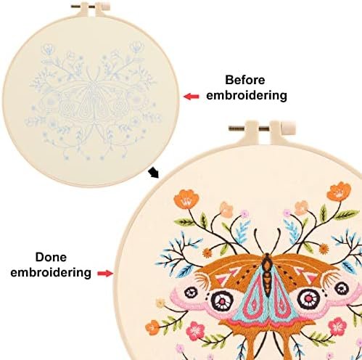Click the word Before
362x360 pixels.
[x=245, y=80]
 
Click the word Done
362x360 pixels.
[x=51, y=257]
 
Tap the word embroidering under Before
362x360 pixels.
[x=247, y=95]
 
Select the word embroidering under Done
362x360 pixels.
[x=51, y=272]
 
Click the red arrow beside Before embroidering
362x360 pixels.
[x=192, y=97]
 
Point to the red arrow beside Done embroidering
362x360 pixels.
[x=105, y=274]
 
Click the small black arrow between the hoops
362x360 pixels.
[x=153, y=173]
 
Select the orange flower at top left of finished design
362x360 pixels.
[x=186, y=200]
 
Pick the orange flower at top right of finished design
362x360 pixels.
[x=339, y=192]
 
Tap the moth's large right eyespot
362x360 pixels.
[x=309, y=298]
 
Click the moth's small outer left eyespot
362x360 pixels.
[x=191, y=292]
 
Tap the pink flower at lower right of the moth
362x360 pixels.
[x=337, y=327]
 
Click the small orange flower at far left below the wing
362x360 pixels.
[x=152, y=327]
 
